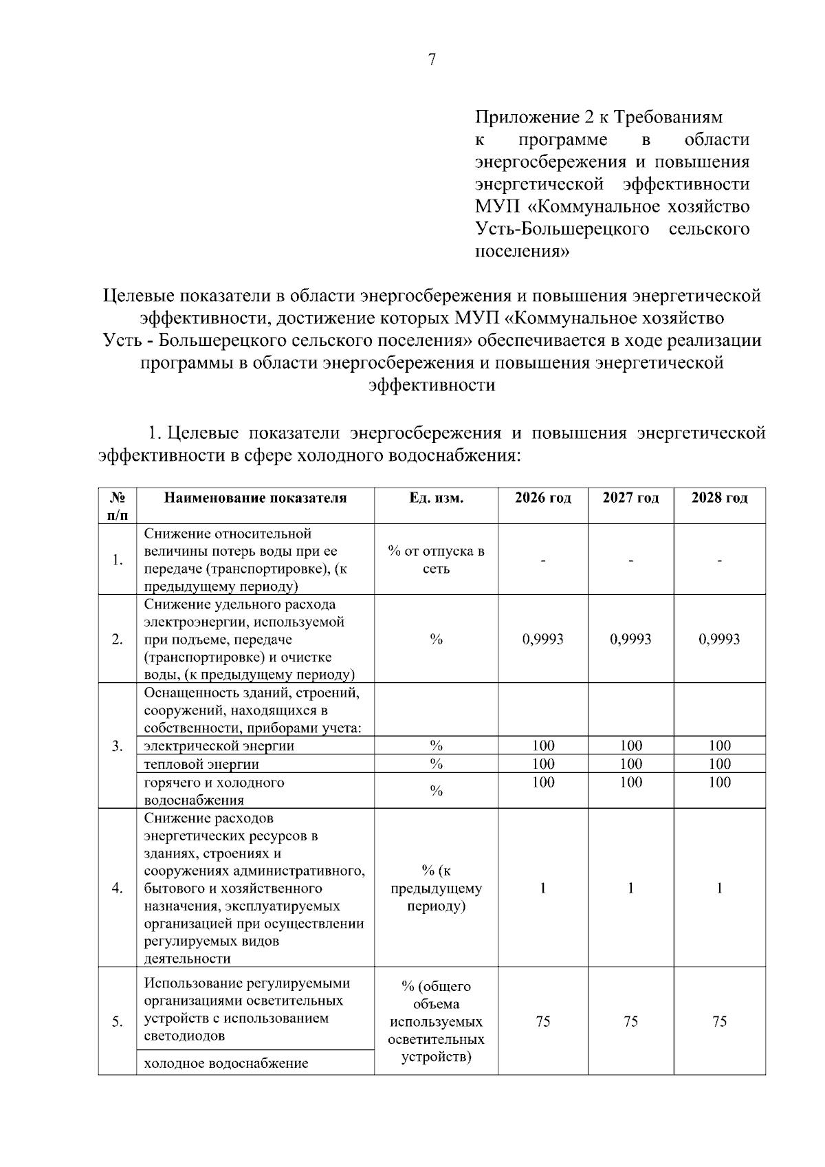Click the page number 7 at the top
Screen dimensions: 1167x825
(432, 60)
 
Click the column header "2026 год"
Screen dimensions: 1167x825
(542, 498)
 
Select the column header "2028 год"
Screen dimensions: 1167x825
(719, 498)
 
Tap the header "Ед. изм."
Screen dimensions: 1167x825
(436, 498)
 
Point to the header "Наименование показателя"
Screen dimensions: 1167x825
(255, 498)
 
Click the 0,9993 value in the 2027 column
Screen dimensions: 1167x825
(630, 639)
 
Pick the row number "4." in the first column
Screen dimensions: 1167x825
(118, 888)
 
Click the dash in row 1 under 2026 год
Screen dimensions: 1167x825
(542, 560)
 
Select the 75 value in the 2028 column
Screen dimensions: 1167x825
(719, 1021)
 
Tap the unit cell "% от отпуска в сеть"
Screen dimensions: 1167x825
(436, 560)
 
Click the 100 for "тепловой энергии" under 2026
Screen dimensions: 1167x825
(542, 764)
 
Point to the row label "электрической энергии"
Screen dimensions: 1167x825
(219, 745)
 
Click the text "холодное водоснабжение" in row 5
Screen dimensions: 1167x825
(226, 1063)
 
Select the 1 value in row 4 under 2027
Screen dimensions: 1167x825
(630, 888)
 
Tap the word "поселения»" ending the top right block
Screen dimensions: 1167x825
(522, 251)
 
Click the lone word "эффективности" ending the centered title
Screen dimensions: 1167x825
(432, 385)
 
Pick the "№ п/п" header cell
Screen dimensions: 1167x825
(118, 505)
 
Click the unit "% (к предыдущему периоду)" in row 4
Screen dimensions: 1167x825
(436, 888)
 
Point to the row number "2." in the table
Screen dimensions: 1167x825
(118, 639)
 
